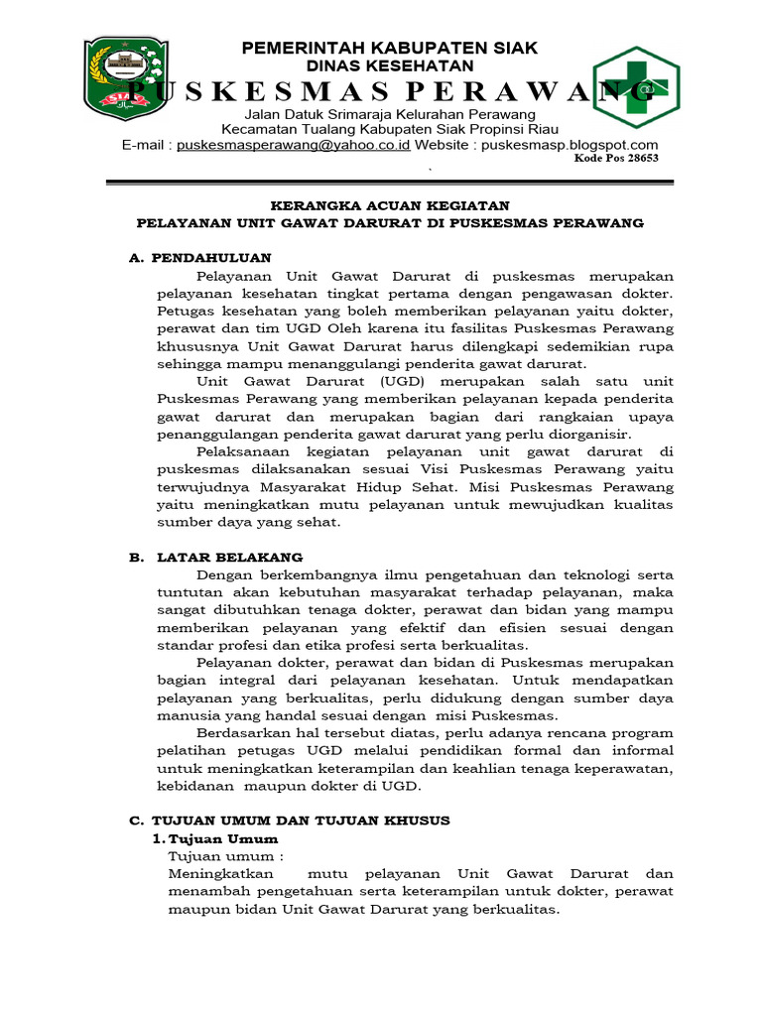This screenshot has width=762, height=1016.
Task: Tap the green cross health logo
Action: coord(636,88)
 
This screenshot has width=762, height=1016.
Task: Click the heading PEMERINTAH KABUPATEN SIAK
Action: coord(390,48)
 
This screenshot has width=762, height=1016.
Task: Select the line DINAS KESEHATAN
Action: coord(390,65)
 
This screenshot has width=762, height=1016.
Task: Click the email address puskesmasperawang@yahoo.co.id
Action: coord(294,145)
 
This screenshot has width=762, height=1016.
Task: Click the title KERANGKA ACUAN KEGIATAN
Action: coord(390,205)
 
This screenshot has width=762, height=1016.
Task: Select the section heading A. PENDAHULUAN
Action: coord(200,258)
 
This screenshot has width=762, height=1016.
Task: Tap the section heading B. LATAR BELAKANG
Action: coord(216,558)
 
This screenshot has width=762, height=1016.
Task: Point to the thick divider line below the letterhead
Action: coord(390,182)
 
